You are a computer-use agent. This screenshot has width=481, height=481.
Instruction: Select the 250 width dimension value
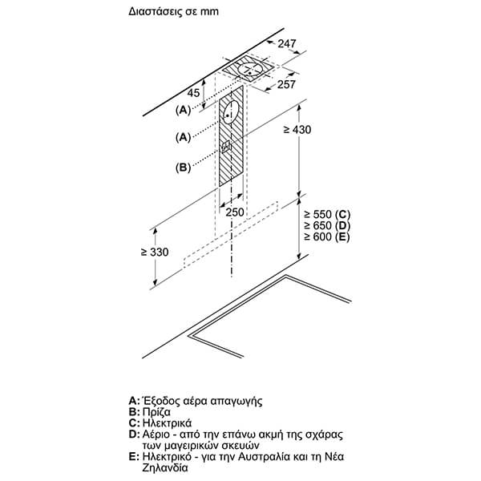point(235,212)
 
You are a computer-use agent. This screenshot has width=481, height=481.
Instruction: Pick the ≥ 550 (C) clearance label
point(327,214)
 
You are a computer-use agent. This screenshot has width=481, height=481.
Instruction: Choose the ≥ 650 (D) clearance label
point(327,226)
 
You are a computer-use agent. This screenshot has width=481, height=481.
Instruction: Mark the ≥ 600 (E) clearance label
point(327,238)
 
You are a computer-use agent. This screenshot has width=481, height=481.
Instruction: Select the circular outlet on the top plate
point(249,71)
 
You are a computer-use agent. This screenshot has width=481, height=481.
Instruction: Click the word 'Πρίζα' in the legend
point(156,410)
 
